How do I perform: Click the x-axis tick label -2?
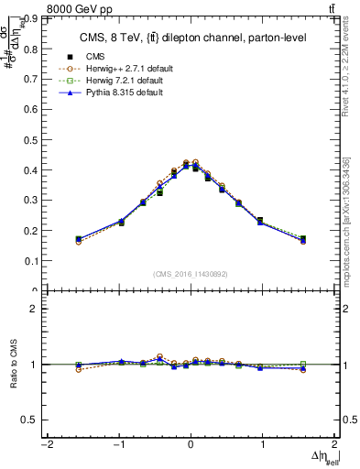click(46, 445)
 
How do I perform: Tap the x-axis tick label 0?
click(191, 445)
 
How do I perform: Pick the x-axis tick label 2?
click(334, 445)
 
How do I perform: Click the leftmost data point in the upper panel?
click(79, 239)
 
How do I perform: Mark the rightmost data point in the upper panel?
click(302, 239)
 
